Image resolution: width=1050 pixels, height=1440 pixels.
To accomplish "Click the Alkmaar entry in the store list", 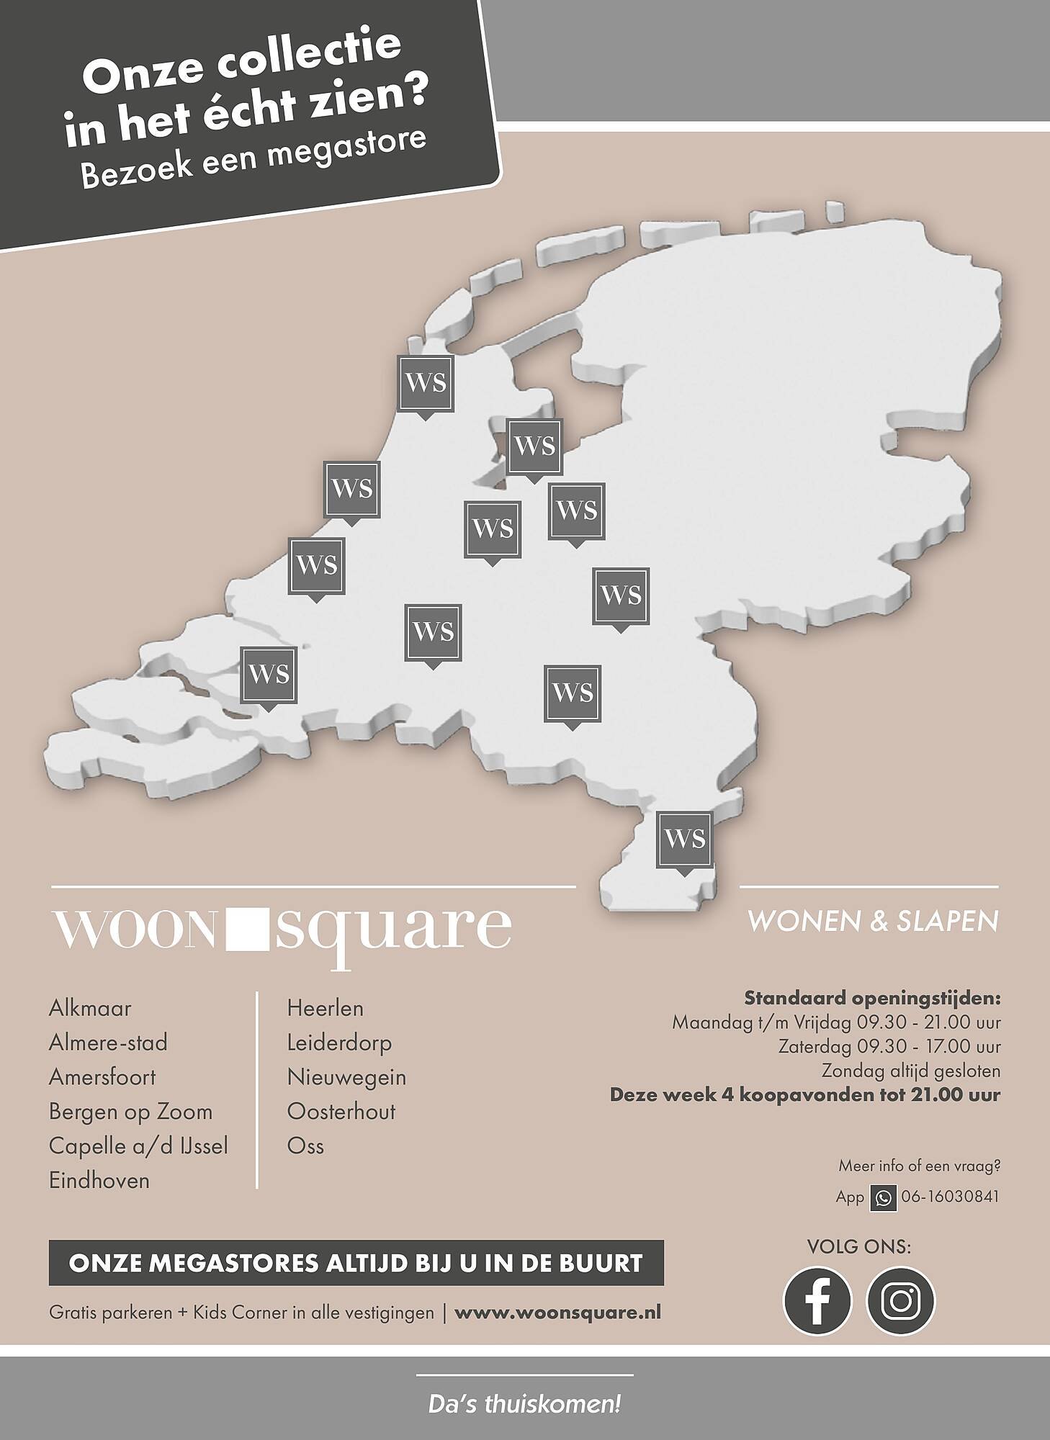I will (90, 1008).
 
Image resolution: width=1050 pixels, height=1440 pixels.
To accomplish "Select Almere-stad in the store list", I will (108, 1043).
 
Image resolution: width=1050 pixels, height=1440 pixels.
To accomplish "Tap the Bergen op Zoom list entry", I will (130, 1112).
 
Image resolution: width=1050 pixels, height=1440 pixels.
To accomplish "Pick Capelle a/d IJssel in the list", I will (138, 1146).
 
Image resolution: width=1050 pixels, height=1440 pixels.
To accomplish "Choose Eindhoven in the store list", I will (99, 1181).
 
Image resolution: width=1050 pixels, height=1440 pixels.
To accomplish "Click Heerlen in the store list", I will (325, 1008).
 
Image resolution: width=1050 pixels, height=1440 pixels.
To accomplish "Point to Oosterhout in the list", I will (341, 1112).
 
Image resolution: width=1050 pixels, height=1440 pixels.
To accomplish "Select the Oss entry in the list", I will (305, 1146).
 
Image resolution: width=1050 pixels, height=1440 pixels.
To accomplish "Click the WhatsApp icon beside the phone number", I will (883, 1198).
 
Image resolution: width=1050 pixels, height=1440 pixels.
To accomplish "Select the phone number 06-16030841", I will (950, 1197).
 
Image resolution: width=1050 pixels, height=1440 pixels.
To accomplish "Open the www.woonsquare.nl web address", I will (557, 1313).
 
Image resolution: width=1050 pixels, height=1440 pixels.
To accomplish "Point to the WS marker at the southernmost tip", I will (684, 840).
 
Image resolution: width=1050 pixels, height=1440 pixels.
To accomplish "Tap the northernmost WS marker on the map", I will (426, 383).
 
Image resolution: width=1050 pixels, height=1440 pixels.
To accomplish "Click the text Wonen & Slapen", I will (874, 922).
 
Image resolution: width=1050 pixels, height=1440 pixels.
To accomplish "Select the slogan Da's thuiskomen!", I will (524, 1405).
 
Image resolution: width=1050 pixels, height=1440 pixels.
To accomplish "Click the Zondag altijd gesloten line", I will (911, 1071).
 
